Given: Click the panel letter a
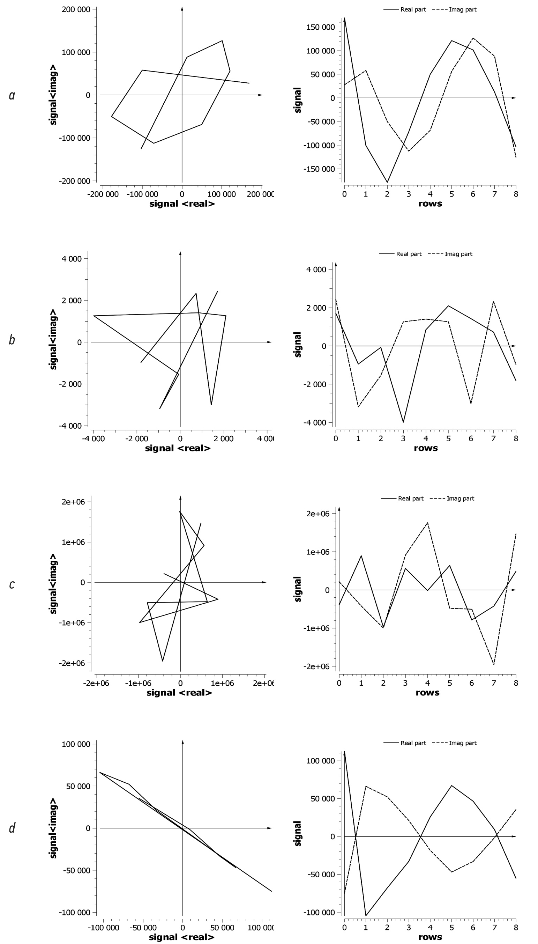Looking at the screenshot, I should click(12, 95).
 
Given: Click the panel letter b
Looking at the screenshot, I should click(12, 340).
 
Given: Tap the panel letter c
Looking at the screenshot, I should click(12, 584).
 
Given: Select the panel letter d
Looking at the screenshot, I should click(12, 828).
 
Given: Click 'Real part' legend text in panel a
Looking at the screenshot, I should click(413, 10).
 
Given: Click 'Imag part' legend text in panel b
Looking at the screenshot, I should click(458, 254).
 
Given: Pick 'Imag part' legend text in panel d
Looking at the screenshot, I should click(463, 743).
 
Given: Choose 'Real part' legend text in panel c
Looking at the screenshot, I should click(411, 498).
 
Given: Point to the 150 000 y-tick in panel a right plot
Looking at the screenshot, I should click(320, 27).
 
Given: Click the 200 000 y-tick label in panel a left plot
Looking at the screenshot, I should click(76, 9).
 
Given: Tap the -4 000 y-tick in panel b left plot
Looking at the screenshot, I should click(70, 426).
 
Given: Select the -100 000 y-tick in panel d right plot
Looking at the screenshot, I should click(319, 913).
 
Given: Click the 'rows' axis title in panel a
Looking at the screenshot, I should click(430, 204).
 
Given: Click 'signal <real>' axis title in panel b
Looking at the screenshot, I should click(178, 448).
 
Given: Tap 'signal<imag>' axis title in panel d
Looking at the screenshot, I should click(53, 828).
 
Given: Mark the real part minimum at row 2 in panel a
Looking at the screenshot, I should click(387, 182).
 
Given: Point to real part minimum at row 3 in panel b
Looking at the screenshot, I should click(403, 422).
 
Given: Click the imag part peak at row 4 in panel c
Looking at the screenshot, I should click(427, 523).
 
